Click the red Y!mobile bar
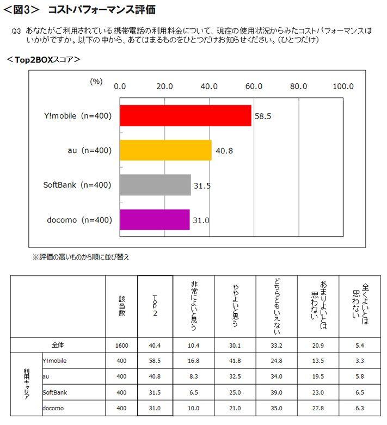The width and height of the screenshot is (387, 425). click(x=185, y=115)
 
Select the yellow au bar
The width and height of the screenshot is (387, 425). click(x=165, y=150)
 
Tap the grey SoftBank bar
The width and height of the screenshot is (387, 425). click(x=155, y=185)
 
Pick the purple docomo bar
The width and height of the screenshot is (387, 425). click(x=154, y=220)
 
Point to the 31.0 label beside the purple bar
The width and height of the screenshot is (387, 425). click(x=201, y=220)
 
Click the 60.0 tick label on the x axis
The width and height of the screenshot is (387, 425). click(x=254, y=86)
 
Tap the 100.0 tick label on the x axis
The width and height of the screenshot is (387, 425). click(x=343, y=86)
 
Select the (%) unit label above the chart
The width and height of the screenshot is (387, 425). click(x=96, y=81)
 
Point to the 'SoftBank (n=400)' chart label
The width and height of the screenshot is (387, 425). click(x=77, y=185)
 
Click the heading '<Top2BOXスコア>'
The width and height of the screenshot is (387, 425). click(x=44, y=59)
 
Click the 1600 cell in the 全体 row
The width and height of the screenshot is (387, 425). click(x=121, y=345)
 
